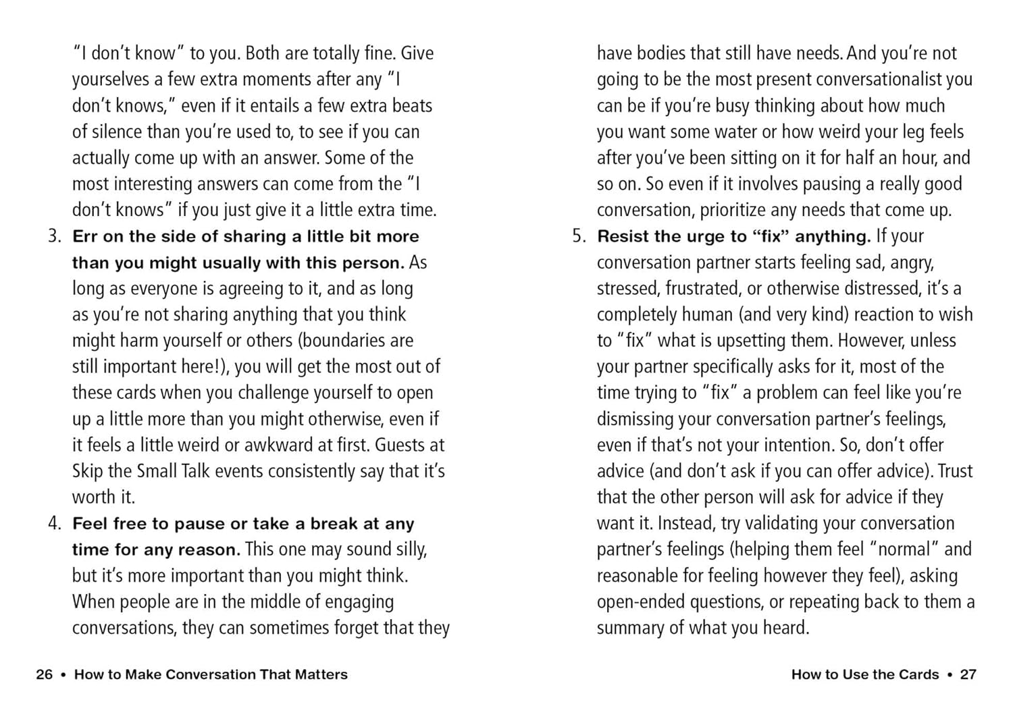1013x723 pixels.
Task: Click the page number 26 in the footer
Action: click(44, 674)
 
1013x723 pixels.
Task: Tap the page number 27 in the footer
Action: click(968, 674)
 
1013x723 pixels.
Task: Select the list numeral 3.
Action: click(54, 236)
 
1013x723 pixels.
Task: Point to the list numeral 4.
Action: click(54, 524)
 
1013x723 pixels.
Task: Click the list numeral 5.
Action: click(579, 236)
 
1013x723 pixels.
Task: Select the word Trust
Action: click(955, 471)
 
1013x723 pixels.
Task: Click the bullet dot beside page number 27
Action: click(950, 674)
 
